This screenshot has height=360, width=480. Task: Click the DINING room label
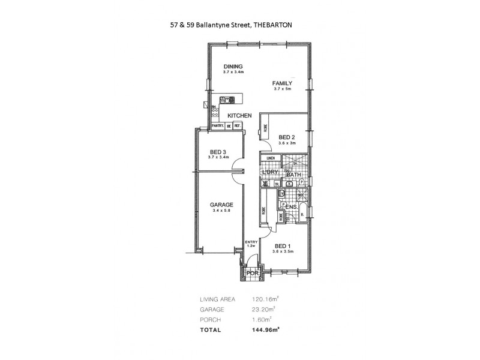coord(232,67)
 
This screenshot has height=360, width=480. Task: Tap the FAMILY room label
coord(281,83)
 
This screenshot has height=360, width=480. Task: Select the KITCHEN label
coord(239,115)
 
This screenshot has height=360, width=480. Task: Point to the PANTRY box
coord(217,125)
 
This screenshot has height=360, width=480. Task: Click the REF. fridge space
coord(237,125)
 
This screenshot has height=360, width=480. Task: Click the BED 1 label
coord(282,246)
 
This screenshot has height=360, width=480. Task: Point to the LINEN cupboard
coord(271,158)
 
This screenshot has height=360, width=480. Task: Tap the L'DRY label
coord(270,173)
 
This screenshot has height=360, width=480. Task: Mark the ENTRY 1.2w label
coord(251,243)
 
